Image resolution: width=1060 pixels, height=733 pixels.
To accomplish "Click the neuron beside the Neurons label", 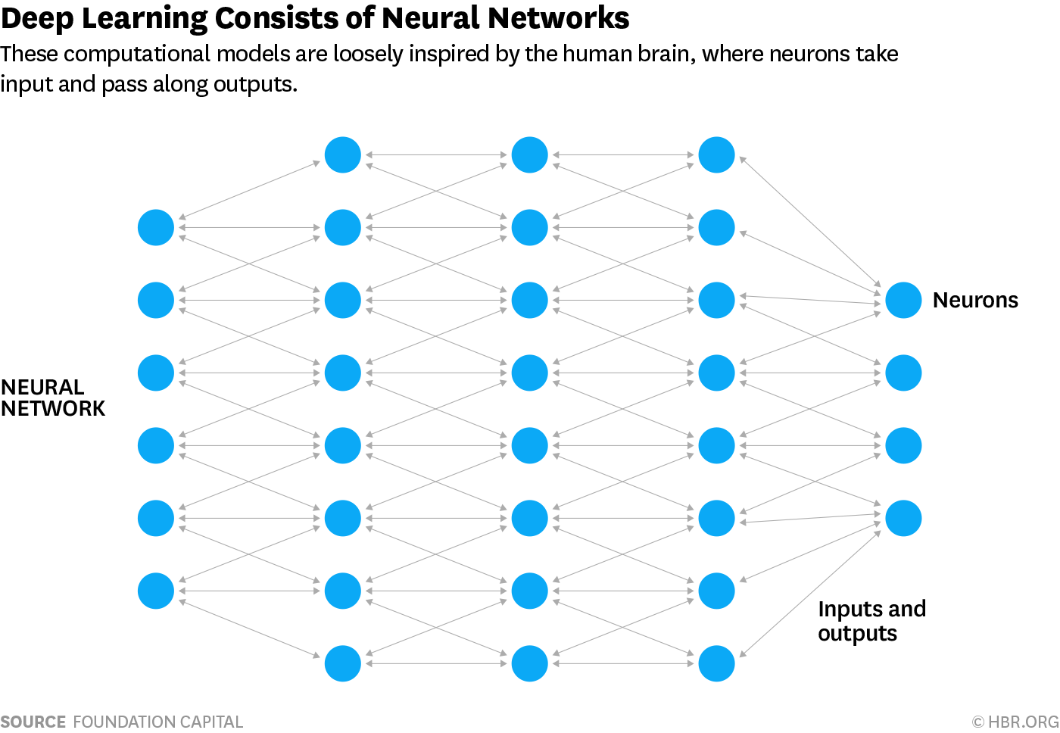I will click(x=903, y=300).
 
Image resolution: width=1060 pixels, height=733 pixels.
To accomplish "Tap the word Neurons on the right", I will click(x=975, y=300).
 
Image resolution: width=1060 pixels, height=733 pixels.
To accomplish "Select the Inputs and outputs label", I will click(x=871, y=621).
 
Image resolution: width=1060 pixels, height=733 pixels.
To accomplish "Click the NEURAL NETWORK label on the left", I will click(x=52, y=398).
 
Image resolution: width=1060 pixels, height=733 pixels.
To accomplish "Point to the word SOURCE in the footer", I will click(x=33, y=722).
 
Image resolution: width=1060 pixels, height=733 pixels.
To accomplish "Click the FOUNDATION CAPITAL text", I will click(x=157, y=722).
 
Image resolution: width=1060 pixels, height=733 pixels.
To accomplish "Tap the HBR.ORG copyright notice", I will click(x=1015, y=722).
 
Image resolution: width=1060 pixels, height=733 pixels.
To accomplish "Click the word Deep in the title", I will click(x=37, y=18).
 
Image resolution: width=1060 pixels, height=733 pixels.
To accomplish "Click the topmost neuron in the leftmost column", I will click(x=156, y=227).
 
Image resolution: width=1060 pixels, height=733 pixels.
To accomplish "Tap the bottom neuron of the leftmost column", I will click(x=156, y=591).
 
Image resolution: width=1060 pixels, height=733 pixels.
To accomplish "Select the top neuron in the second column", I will click(x=343, y=154).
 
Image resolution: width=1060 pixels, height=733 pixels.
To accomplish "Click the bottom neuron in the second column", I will click(x=343, y=663).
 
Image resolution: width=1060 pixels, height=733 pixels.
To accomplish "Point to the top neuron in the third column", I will click(x=529, y=154).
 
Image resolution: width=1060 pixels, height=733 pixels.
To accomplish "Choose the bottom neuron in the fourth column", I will click(x=716, y=663).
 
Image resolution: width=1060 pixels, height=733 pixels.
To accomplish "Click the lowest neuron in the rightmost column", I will click(x=903, y=518).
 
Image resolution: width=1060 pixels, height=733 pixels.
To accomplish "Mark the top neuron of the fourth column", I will click(x=716, y=154).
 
